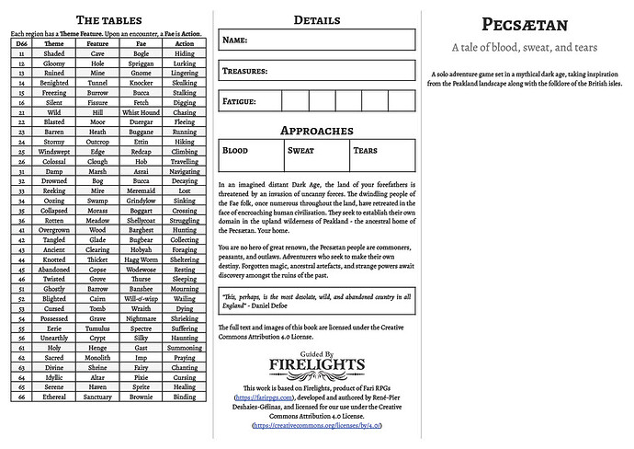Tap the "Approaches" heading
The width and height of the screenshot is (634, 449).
[x=317, y=132]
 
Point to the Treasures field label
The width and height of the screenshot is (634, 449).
[x=244, y=71]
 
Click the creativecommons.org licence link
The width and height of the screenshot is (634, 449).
[x=317, y=425]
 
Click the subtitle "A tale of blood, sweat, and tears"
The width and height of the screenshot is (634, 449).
[x=527, y=48]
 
